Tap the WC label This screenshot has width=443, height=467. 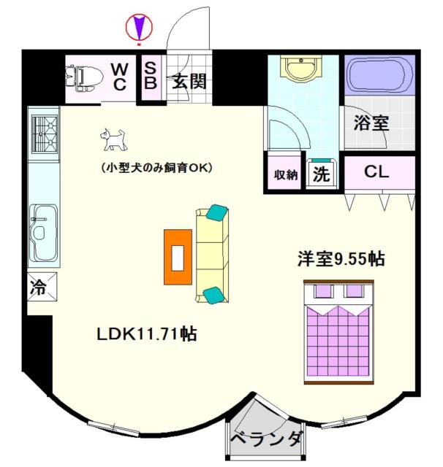120,77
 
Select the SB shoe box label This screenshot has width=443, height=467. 151,76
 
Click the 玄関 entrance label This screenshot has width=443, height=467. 189,81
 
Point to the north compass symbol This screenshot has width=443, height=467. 139,28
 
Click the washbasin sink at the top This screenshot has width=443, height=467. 301,69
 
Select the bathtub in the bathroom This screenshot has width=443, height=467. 379,75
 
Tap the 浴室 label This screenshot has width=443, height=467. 371,123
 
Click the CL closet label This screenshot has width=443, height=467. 376,172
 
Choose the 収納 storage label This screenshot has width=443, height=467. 286,175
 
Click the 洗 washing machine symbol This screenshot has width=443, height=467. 322,174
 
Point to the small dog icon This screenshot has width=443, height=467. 113,139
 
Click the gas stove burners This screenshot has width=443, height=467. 45,134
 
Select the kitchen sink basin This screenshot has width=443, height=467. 44,233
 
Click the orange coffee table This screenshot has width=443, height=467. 178,257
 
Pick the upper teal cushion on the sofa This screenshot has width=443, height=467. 217,212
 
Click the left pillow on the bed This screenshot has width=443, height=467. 324,291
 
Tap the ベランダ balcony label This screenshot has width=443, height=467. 266,439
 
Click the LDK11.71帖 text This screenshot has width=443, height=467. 146,334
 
